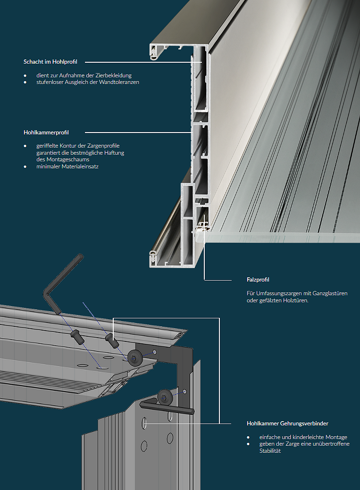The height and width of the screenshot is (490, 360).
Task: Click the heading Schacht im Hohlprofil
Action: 50,62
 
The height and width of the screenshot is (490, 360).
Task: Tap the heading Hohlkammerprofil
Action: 46,133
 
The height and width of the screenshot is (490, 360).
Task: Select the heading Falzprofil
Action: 258,280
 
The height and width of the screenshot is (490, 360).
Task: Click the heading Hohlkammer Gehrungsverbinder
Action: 287,424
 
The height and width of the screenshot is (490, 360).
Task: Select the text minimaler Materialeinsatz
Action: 67,166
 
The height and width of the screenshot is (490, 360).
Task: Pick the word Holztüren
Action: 295,300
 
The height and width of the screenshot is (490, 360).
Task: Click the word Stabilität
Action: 270,451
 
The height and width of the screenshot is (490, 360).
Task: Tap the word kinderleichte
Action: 304,437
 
